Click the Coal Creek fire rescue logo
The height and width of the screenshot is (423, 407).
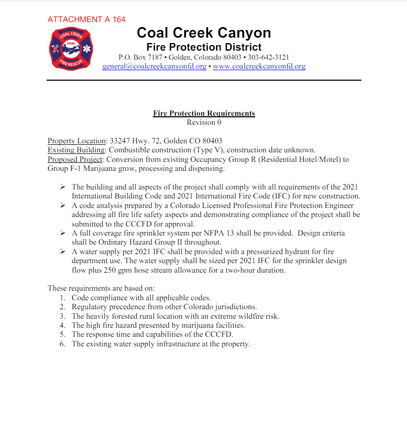(71, 49)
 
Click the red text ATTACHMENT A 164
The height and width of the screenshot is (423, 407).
(86, 20)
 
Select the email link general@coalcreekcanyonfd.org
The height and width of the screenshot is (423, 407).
(154, 66)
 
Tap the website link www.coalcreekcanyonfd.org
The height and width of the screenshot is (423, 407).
(259, 66)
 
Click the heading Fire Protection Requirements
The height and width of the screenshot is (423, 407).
(203, 113)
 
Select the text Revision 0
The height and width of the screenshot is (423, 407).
(203, 122)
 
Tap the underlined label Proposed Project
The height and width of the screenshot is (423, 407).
(75, 159)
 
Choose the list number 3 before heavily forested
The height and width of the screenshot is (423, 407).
(62, 316)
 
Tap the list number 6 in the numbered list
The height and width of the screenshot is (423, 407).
(62, 344)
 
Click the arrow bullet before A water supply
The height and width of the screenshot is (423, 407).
(63, 252)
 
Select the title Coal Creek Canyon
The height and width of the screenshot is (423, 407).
(203, 33)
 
